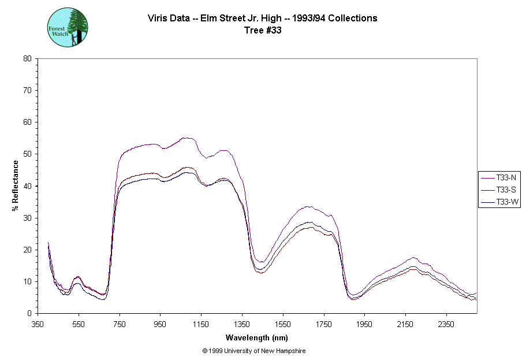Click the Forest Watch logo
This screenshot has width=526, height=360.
[67, 27]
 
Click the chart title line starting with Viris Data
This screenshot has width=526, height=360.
[263, 18]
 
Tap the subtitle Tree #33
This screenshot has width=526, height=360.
[263, 30]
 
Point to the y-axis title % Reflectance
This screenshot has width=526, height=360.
[15, 185]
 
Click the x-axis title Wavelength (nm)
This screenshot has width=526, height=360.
[256, 338]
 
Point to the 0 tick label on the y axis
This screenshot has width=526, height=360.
[29, 314]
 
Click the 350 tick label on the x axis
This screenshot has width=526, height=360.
[38, 324]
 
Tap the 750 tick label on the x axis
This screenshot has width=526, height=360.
[120, 324]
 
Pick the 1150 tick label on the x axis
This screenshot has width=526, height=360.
[201, 324]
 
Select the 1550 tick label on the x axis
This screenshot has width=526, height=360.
[282, 324]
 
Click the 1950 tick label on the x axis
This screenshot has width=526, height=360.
[364, 324]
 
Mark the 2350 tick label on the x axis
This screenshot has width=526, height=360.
[445, 324]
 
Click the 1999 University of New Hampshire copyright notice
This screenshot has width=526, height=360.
[254, 351]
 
